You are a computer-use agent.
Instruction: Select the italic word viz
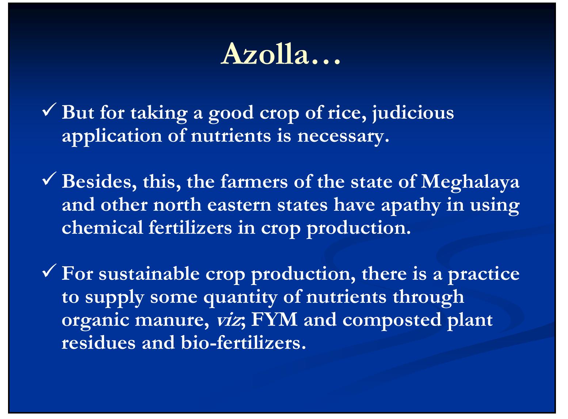228,320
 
